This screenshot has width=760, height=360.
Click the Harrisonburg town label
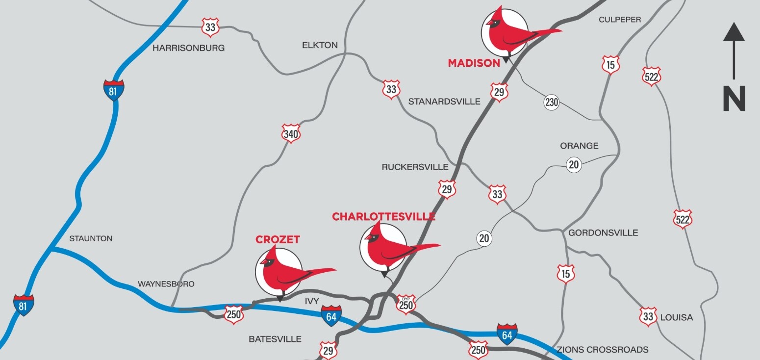coord(188,48)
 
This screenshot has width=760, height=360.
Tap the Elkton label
coord(320,45)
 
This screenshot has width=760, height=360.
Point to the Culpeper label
coord(619,20)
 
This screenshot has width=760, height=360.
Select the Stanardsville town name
coord(444,102)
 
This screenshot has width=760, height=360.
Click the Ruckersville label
coord(415,167)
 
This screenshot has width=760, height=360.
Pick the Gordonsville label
coord(603,232)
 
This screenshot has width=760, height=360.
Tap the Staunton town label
coord(91,238)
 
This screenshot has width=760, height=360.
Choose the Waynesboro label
coord(166,284)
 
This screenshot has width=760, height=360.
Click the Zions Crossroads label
coord(602,350)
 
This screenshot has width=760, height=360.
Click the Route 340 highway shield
coord(291,133)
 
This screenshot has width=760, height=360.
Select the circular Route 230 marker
coord(552,103)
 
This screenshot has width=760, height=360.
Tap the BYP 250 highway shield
coord(405,304)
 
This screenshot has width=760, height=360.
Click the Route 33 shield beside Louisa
coord(648,316)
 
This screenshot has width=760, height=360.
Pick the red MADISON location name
coord(474,63)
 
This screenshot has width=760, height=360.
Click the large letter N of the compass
coord(734,99)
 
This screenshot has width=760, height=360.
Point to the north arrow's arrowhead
coord(734,32)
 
